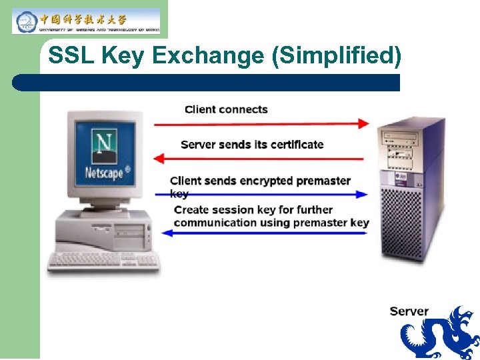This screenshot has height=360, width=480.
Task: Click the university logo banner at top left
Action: [86, 21]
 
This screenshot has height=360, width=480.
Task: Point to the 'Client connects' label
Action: [226, 109]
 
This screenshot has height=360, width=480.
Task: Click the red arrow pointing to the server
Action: [261, 123]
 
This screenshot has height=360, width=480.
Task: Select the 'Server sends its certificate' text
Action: [252, 145]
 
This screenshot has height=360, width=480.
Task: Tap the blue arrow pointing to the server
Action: [267, 195]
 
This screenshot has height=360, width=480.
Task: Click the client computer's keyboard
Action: [103, 261]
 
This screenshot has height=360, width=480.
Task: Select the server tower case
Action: [411, 190]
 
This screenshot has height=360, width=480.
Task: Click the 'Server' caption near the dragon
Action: [409, 311]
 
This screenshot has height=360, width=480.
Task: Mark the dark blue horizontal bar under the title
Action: [207, 83]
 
